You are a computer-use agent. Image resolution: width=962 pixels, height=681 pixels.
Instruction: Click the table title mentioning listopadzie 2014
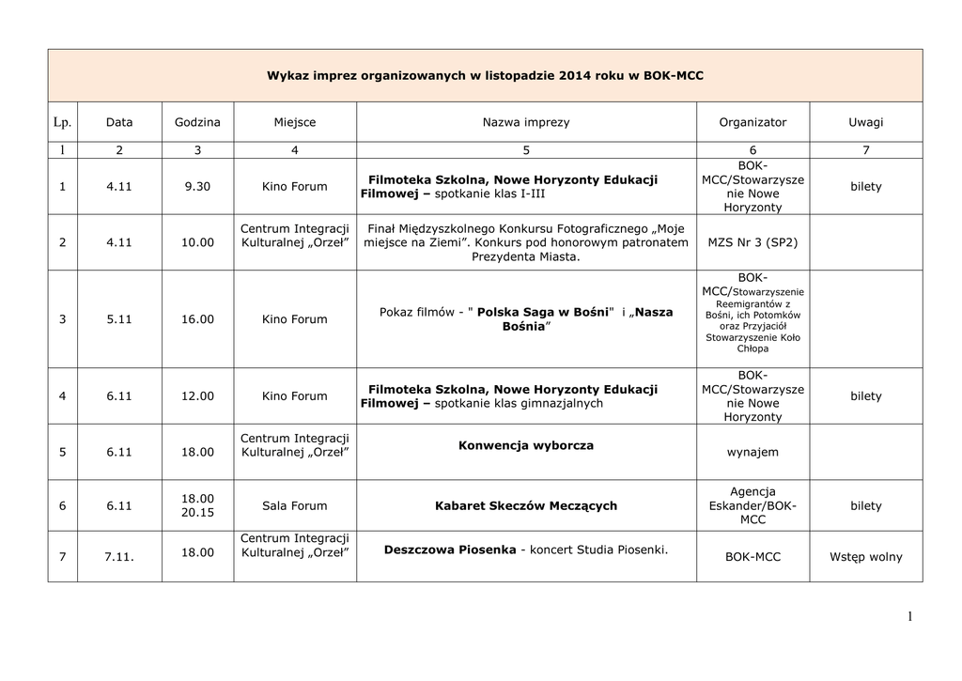click(x=485, y=75)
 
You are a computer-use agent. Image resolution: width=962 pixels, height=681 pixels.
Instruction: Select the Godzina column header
click(x=197, y=122)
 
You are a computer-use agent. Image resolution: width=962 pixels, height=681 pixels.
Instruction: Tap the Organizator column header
click(x=753, y=122)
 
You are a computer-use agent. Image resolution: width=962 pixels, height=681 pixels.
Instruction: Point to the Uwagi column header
click(x=865, y=122)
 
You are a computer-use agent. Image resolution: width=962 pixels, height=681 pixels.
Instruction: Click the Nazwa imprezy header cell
click(x=526, y=122)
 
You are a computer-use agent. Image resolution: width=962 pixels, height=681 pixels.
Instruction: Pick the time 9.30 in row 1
click(x=197, y=187)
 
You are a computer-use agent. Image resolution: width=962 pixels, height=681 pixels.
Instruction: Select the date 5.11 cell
click(x=119, y=319)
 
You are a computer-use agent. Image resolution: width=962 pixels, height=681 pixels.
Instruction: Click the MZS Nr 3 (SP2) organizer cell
click(x=753, y=242)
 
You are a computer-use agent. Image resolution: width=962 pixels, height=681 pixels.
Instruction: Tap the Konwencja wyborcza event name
click(x=526, y=445)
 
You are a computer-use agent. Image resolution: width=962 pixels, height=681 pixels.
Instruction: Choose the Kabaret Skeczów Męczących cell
click(x=526, y=506)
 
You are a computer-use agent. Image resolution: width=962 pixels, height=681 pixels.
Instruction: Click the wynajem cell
click(x=753, y=452)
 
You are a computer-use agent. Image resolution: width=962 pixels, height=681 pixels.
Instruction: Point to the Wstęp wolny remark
click(x=865, y=557)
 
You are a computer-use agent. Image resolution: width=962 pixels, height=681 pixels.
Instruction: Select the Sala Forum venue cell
click(x=295, y=506)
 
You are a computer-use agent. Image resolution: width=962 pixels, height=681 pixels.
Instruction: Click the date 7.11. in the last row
click(x=119, y=557)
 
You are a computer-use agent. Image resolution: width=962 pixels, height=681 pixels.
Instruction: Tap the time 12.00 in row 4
click(x=197, y=396)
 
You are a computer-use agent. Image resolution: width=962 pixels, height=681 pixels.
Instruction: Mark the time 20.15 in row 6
click(x=197, y=514)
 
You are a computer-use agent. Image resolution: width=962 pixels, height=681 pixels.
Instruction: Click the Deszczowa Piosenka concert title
click(x=450, y=549)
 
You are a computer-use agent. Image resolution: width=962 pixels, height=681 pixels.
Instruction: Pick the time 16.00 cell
click(x=197, y=319)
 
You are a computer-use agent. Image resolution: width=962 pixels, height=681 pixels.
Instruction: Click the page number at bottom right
click(x=910, y=616)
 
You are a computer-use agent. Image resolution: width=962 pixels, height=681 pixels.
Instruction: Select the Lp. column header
click(x=63, y=122)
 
